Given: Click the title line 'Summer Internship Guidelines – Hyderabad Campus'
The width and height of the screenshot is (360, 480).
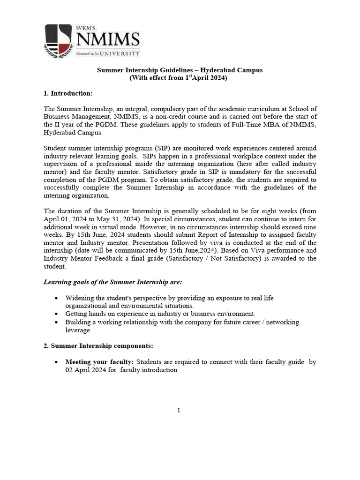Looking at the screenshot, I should (180, 70).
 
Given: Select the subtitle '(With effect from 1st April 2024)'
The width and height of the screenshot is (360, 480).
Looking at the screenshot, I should (178, 78).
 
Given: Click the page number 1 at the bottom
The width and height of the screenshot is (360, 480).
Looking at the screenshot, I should (179, 411).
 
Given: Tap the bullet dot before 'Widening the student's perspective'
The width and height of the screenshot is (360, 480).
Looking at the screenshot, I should (57, 298).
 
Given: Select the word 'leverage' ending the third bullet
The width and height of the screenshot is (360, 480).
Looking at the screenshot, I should (78, 330).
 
